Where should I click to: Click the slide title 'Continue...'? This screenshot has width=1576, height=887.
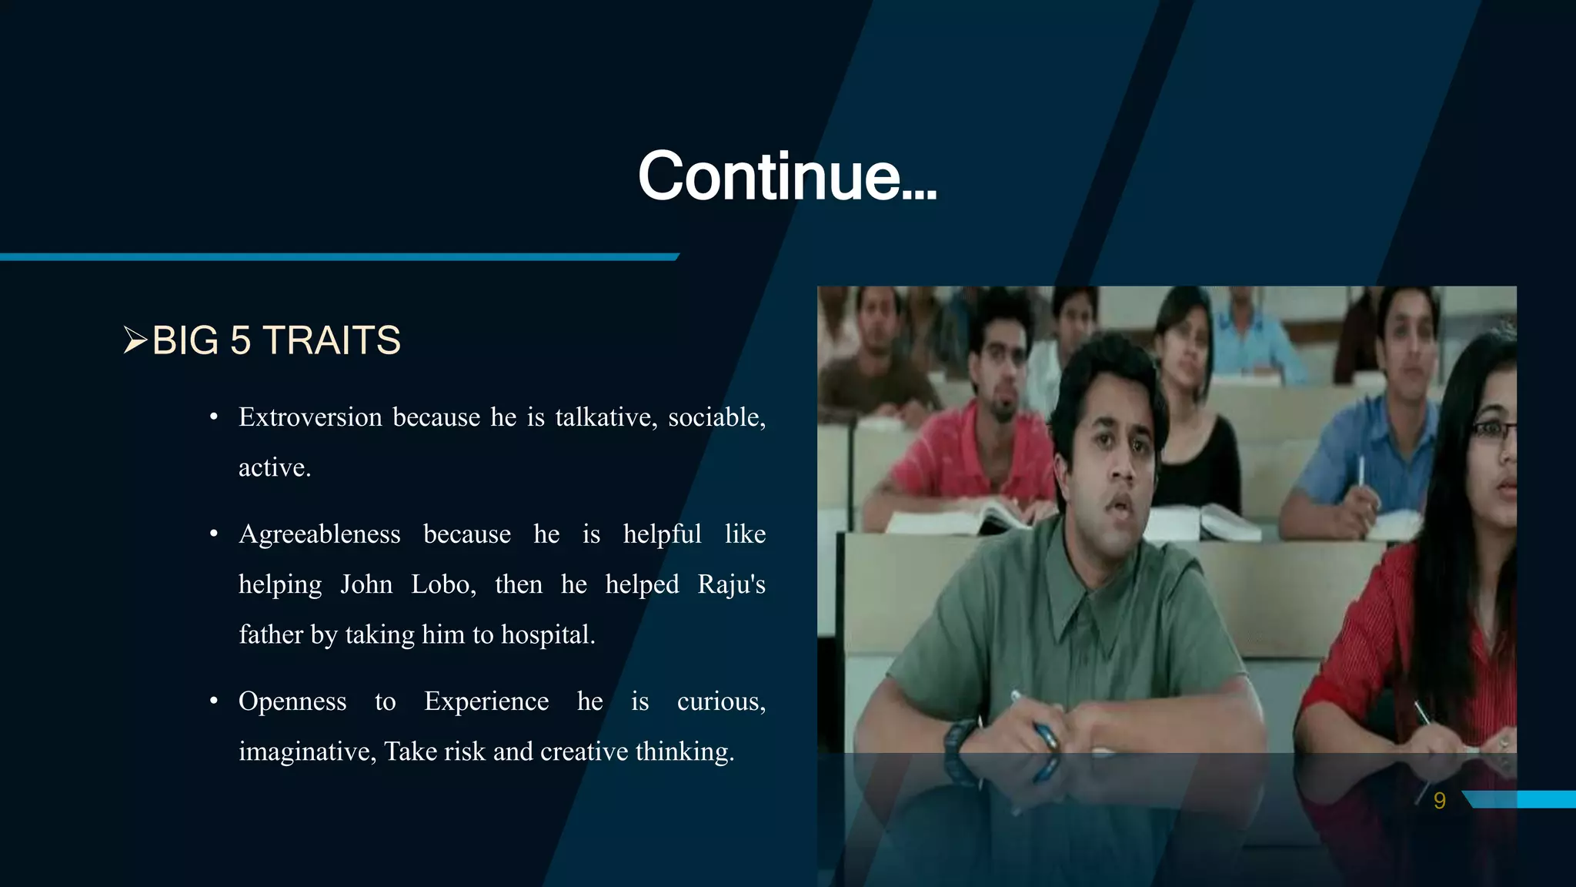[786, 176]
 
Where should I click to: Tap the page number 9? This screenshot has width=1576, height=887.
[1439, 801]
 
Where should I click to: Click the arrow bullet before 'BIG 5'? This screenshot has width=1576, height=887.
[135, 340]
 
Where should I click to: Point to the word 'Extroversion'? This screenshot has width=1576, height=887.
[310, 417]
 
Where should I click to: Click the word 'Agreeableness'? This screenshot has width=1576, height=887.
[319, 534]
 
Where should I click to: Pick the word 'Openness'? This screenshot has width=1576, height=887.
[292, 701]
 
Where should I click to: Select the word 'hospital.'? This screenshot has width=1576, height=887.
[548, 635]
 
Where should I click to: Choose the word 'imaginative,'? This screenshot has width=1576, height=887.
[307, 751]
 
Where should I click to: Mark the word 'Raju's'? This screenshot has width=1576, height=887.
[731, 584]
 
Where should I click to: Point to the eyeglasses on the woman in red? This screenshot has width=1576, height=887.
[1493, 431]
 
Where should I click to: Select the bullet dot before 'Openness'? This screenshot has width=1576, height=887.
[214, 701]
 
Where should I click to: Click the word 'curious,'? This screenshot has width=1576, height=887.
[721, 701]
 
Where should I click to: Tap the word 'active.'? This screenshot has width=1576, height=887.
[275, 468]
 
